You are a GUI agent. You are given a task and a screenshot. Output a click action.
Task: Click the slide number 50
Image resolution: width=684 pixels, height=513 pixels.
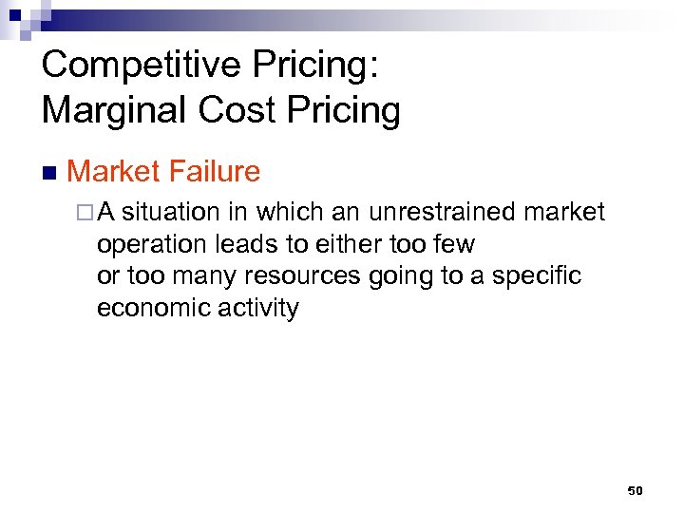(x=636, y=490)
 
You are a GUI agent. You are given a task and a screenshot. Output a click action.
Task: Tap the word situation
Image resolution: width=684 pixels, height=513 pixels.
(x=174, y=212)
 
